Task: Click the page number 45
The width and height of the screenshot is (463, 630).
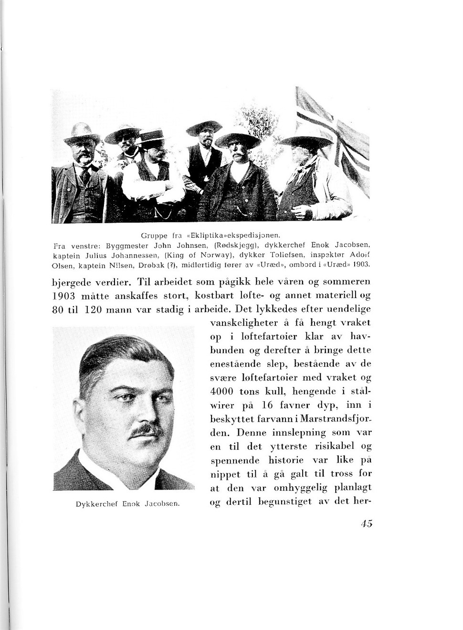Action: (367, 523)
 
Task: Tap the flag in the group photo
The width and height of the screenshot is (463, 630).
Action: (334, 134)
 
